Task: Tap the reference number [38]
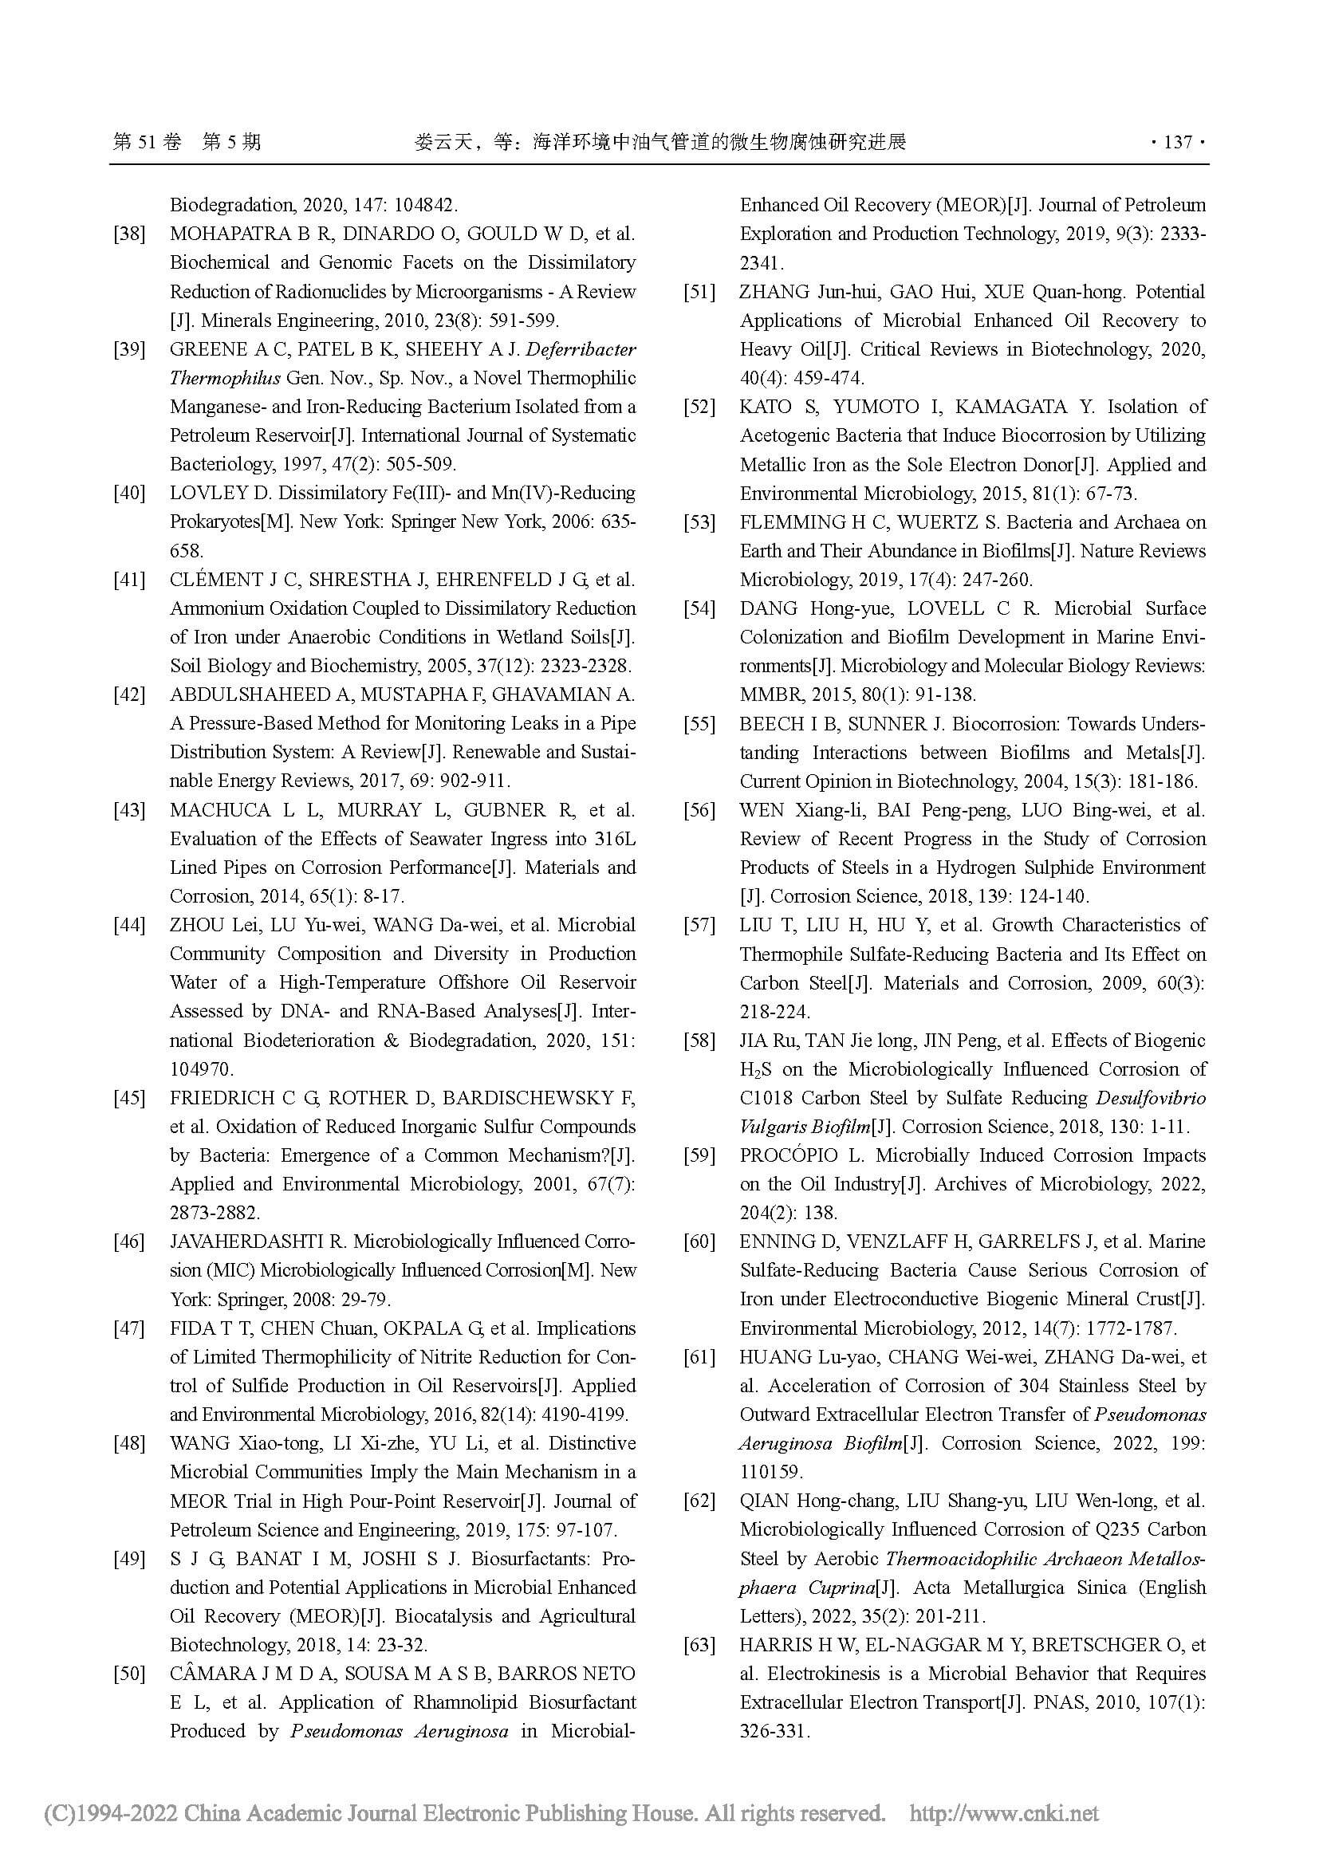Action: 129,234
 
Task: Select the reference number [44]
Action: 129,925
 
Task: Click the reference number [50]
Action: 129,1674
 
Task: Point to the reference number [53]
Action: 699,522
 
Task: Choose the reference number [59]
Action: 699,1155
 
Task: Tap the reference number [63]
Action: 699,1645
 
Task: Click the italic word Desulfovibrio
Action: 1151,1097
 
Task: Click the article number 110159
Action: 771,1472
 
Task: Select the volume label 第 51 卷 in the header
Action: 147,143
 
